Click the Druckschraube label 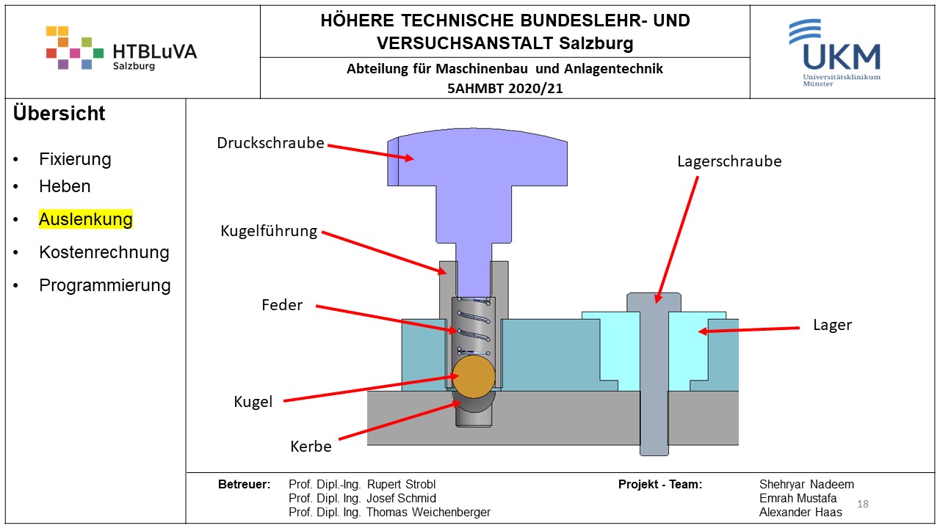pyautogui.click(x=270, y=143)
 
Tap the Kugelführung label pyautogui.click(x=269, y=231)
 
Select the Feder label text pyautogui.click(x=282, y=305)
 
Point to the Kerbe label pyautogui.click(x=311, y=446)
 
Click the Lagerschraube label pyautogui.click(x=729, y=161)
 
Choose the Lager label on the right pyautogui.click(x=832, y=325)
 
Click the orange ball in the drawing pyautogui.click(x=474, y=375)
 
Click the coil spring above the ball pyautogui.click(x=473, y=327)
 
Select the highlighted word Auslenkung pyautogui.click(x=86, y=219)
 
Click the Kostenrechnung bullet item pyautogui.click(x=104, y=252)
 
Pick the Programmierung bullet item pyautogui.click(x=105, y=285)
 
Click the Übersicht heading pyautogui.click(x=59, y=114)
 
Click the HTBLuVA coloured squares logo pyautogui.click(x=74, y=48)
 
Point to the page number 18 pyautogui.click(x=863, y=504)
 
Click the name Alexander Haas pyautogui.click(x=800, y=512)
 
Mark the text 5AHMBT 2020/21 pyautogui.click(x=505, y=88)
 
